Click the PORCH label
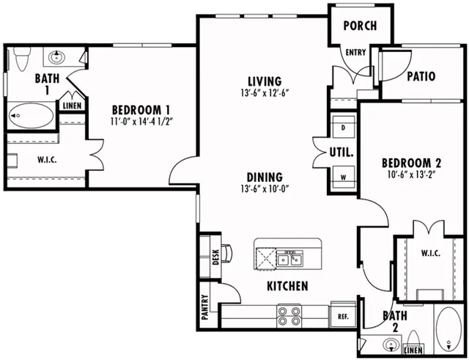coord(360,26)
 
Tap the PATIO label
coord(421,76)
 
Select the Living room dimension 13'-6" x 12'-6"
coord(265,93)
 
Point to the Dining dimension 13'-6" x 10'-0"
coord(265,189)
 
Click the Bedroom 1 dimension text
coord(142,122)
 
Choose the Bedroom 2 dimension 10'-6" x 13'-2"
coord(411,175)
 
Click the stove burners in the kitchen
coord(289,316)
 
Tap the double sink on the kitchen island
coord(289,259)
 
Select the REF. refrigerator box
coord(343,316)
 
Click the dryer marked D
coord(344,127)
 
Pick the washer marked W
coord(344,177)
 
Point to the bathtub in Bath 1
coord(31,116)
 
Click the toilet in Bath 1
coord(21,59)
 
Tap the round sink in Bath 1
coord(56,56)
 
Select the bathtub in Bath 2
coord(448,329)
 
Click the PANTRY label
coord(205,307)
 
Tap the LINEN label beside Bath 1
coord(72,106)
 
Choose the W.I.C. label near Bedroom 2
coord(431,254)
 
